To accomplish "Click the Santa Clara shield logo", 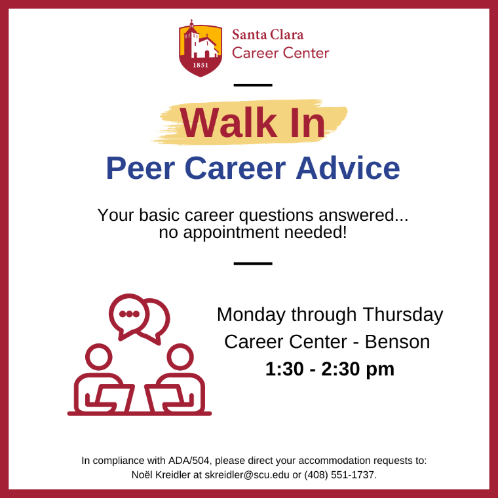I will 201,48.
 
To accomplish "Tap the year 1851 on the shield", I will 201,66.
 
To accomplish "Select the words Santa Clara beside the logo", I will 268,35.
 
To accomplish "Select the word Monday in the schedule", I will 252,315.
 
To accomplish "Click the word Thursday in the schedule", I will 403,315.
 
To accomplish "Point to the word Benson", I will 398,341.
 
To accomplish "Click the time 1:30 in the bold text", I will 284,369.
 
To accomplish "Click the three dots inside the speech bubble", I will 129,314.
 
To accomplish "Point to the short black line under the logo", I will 253,85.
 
